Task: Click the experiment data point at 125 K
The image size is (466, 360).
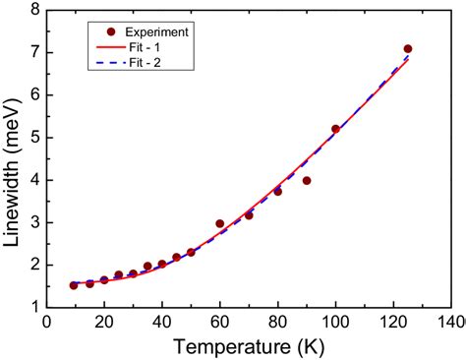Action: click(407, 49)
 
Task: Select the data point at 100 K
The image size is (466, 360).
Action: click(335, 129)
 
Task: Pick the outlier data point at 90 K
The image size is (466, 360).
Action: click(307, 181)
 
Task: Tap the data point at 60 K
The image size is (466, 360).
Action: click(220, 224)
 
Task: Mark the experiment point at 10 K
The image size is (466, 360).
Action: click(74, 285)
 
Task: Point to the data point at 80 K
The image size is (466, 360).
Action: click(278, 192)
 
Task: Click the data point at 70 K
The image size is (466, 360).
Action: click(249, 215)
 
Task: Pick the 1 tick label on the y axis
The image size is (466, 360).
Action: click(34, 307)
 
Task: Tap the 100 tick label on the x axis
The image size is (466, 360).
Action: click(335, 322)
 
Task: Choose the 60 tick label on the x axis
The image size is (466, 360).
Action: click(220, 322)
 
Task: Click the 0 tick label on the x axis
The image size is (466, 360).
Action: click(46, 322)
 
